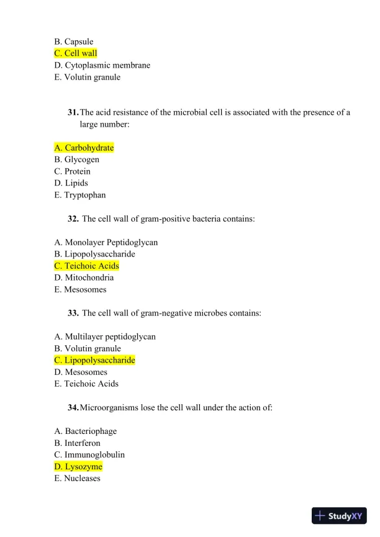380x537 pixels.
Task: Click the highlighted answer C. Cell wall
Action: click(76, 53)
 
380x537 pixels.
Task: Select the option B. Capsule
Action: click(74, 42)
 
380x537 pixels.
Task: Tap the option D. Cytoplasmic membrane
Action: click(102, 65)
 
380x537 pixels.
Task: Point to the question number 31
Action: click(73, 112)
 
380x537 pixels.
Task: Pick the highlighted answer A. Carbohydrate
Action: click(84, 148)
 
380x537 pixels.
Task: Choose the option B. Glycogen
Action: click(77, 160)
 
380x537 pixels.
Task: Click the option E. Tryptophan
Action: click(80, 195)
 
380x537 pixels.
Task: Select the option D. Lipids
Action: click(71, 183)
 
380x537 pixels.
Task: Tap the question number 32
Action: click(73, 219)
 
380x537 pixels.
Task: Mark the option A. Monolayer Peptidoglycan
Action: click(106, 242)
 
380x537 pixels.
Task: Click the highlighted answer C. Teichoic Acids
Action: click(87, 266)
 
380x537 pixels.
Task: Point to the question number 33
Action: click(73, 313)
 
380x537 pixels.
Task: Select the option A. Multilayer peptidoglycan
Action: click(105, 336)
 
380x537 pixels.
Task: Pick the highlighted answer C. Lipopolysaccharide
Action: click(94, 360)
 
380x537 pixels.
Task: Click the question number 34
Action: click(73, 407)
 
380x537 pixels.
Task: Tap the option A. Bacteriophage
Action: click(86, 431)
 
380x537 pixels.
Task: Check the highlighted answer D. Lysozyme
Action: click(78, 466)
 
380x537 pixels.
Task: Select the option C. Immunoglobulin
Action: click(89, 454)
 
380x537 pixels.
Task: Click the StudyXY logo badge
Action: click(339, 516)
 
